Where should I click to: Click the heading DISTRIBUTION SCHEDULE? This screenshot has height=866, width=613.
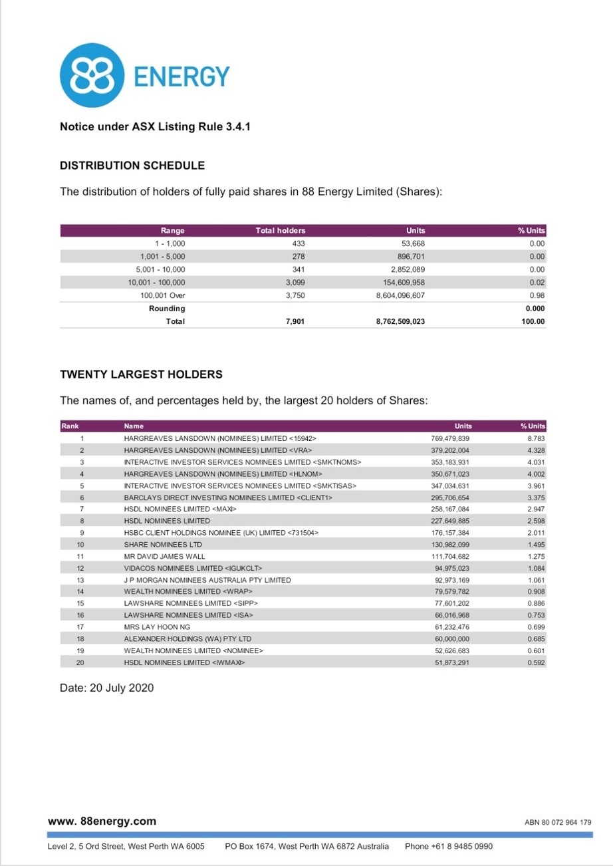[132, 165]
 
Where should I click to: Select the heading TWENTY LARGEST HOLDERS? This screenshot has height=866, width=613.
[141, 374]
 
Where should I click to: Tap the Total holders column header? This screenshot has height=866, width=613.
[281, 231]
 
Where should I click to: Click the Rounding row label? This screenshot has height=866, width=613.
[167, 309]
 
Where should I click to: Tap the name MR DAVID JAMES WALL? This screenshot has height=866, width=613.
[164, 556]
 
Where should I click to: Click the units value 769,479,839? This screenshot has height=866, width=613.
[451, 439]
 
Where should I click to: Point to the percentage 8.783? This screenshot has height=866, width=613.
[536, 439]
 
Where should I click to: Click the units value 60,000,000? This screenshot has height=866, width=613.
[452, 639]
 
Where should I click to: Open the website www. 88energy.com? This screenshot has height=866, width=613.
[102, 821]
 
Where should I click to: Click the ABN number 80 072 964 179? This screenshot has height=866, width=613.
[566, 822]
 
